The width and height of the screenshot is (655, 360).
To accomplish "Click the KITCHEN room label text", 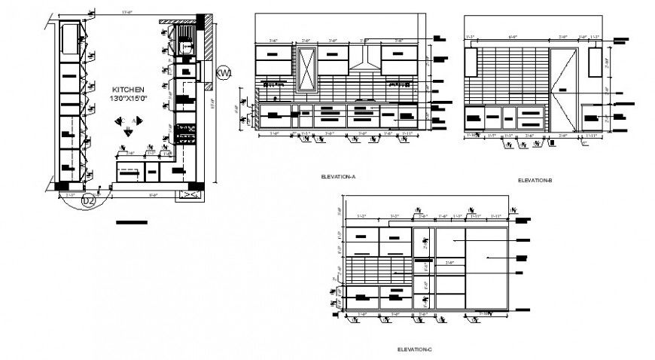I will (x=129, y=88).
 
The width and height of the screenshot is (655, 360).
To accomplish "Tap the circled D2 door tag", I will (x=88, y=200).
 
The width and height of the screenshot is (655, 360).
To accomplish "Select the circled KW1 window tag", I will (x=223, y=73).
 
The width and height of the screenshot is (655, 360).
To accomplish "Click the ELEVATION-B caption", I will (x=535, y=180).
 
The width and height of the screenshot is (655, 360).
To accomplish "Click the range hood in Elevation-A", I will (x=364, y=61).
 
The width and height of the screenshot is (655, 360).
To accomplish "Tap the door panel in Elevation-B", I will (x=565, y=90).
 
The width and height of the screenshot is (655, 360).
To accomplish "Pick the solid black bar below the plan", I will (x=132, y=222).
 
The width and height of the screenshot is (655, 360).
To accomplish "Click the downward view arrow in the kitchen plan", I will (x=129, y=132).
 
